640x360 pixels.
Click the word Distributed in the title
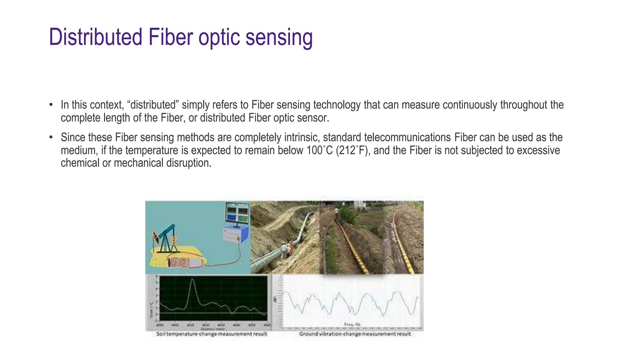click(x=96, y=37)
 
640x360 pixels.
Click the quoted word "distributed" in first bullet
click(x=153, y=105)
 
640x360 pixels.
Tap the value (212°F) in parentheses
click(x=353, y=150)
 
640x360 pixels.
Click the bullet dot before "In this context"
click(x=51, y=105)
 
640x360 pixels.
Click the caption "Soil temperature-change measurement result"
click(x=212, y=334)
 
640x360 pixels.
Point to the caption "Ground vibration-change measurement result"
click(x=355, y=334)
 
